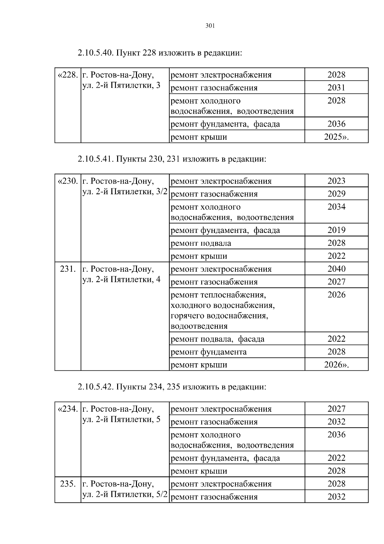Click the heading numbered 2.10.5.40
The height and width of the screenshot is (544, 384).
coord(160,53)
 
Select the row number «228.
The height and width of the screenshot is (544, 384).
coord(68,75)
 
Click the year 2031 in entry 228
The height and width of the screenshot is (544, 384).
coord(336,87)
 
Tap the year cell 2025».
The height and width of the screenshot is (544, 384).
coord(336,137)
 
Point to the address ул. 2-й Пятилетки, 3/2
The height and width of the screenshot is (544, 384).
coord(125,192)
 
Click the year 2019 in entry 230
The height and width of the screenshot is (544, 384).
coord(336,230)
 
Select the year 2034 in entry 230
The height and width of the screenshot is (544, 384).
coord(336,207)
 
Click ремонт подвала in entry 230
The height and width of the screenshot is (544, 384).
coord(201,243)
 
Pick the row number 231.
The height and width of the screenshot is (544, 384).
coord(68,269)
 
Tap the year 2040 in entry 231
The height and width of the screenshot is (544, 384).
coord(336,269)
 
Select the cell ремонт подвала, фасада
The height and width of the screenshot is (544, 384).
coord(218,339)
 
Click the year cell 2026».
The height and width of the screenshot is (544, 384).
coord(336,365)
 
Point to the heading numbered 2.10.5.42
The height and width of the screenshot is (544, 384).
coord(172,387)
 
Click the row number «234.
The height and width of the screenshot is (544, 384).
coord(68,409)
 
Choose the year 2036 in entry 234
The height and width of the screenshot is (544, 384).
coord(336,435)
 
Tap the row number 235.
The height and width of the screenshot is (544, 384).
coord(68,484)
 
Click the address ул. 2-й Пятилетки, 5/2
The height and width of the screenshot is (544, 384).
coord(125,494)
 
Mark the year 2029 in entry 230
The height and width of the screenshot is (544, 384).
coord(336,194)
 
